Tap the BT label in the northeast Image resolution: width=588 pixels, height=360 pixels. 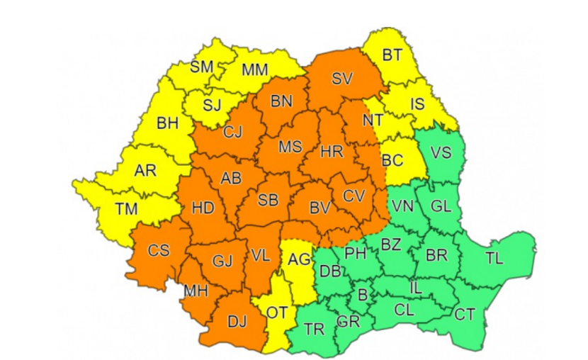click(x=391, y=54)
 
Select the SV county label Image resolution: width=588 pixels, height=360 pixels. click(x=342, y=79)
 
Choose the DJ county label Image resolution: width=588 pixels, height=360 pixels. click(x=237, y=322)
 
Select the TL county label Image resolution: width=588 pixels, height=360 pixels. click(x=494, y=258)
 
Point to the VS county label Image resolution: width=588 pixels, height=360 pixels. click(x=441, y=152)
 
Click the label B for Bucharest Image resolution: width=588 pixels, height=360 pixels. click(x=363, y=294)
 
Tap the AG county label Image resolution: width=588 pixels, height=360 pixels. click(x=298, y=259)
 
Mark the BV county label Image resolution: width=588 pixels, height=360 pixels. click(x=320, y=208)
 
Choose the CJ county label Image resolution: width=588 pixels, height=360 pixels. click(x=233, y=132)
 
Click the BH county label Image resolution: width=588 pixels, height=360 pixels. click(x=168, y=123)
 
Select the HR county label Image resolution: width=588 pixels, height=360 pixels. click(x=332, y=152)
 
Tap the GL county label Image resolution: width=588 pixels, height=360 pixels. click(x=441, y=206)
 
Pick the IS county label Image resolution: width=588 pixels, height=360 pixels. click(x=418, y=105)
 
